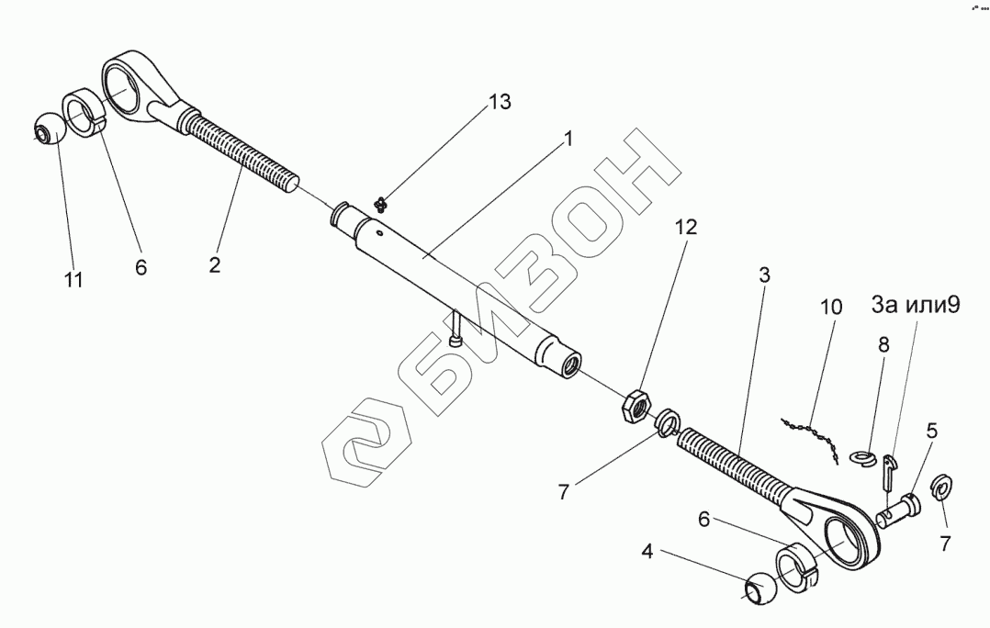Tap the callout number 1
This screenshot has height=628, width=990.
tap(568, 139)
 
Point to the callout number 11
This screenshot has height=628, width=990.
tap(73, 280)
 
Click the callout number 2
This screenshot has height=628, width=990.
tap(214, 265)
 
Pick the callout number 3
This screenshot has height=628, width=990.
tap(764, 275)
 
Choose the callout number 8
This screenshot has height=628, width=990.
tap(883, 345)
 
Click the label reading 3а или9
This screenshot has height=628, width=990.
tap(915, 305)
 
